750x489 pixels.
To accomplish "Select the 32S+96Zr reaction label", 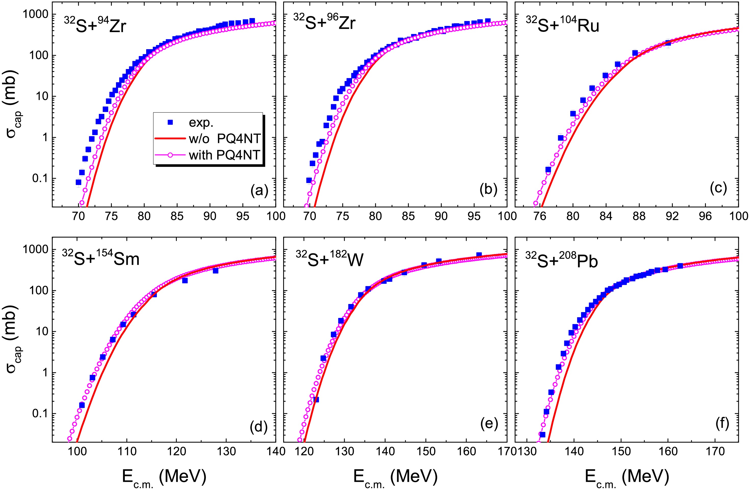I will (324, 22).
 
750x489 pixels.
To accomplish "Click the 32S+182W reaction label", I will (329, 259).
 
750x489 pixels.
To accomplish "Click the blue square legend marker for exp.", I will (170, 122).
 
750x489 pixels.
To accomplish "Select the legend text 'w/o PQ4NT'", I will (225, 139).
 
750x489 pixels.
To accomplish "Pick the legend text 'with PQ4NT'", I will (224, 155).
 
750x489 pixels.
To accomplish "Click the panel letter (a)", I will (259, 190).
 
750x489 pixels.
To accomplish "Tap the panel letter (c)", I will (718, 188).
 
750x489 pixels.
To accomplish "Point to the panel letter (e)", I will (489, 424).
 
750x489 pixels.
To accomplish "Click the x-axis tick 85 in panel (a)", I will (177, 216).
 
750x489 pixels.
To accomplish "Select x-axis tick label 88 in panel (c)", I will (639, 216).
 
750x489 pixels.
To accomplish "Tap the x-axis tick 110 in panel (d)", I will (127, 451).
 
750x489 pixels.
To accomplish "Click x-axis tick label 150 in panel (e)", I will (426, 451).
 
